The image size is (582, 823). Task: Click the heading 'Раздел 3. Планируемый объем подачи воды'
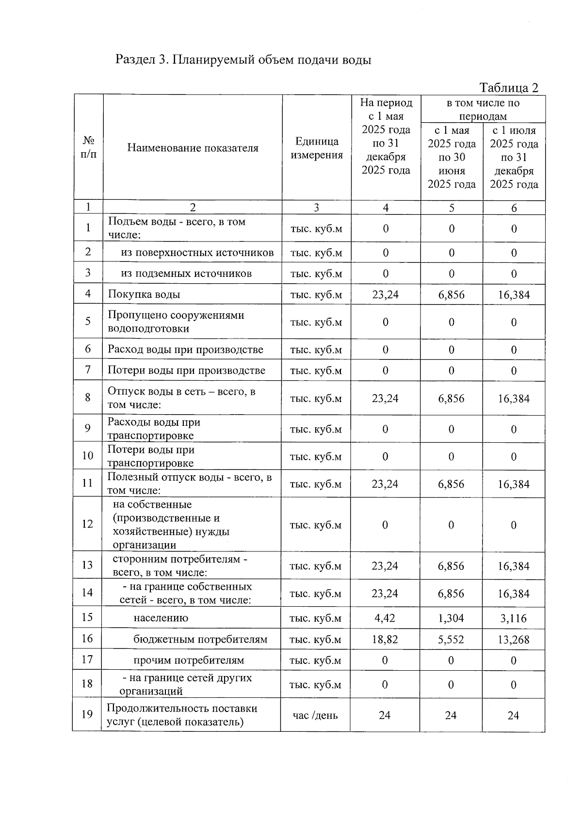[243, 60]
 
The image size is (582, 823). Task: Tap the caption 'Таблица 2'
[509, 87]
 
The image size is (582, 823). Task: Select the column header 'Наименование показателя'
[193, 148]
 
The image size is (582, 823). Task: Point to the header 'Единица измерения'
[317, 148]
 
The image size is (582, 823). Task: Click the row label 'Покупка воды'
[144, 294]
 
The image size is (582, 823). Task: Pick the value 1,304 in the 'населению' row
[451, 618]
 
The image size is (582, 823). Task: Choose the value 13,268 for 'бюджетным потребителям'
[514, 639]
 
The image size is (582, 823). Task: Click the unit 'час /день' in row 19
[315, 715]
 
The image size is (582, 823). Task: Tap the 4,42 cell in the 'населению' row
[385, 618]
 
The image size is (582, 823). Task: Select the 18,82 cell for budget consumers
[385, 639]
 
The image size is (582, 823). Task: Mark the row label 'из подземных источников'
[186, 273]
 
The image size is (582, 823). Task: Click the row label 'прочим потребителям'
[189, 660]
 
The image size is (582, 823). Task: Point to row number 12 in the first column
[87, 524]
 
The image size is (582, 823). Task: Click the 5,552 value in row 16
[451, 639]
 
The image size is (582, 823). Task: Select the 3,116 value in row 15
[514, 618]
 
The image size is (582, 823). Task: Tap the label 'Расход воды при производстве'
[185, 349]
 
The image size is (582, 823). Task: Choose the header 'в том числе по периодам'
[483, 109]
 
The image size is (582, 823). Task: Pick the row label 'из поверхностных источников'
[197, 252]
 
